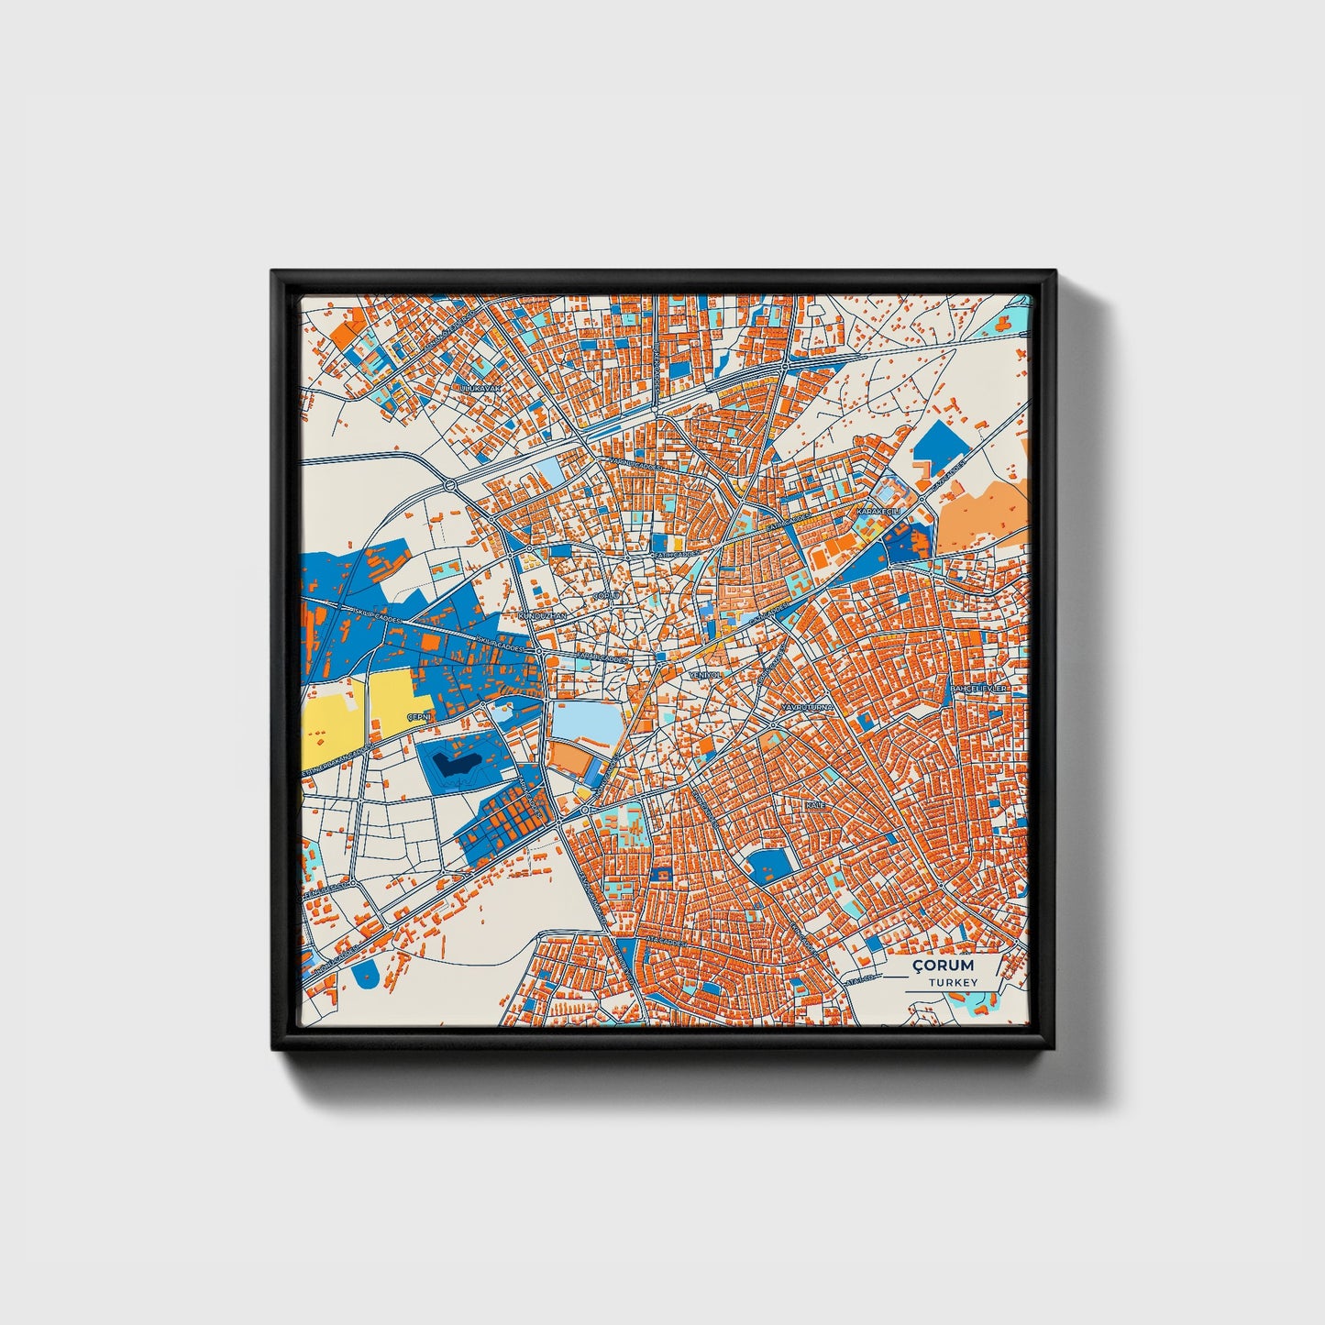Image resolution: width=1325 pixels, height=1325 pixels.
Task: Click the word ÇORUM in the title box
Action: tap(943, 966)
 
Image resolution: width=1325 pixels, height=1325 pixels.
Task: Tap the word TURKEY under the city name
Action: tap(952, 982)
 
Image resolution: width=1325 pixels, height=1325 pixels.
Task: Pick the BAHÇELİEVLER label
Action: tap(978, 688)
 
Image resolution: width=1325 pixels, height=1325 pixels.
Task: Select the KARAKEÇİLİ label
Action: tap(878, 510)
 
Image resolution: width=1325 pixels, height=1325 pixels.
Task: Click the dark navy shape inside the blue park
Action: tap(456, 763)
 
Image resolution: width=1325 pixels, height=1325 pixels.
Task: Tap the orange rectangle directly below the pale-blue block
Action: tap(574, 760)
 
